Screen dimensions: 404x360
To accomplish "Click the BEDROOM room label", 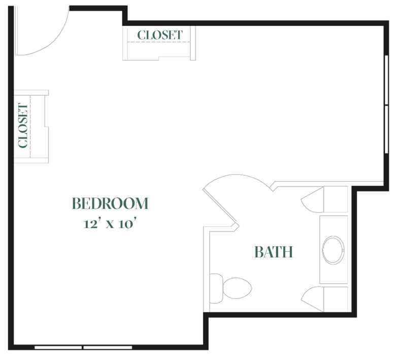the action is coord(110,203).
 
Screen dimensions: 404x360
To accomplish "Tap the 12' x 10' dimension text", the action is coord(110,224).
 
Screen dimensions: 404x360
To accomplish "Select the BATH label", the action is coord(274,252).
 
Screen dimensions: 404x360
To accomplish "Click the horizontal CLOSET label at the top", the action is coord(160,35).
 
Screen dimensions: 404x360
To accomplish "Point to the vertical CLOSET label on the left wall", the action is coord(23,126).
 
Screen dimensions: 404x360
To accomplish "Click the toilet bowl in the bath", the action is coord(237,288).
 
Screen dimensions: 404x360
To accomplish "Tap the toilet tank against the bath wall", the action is coord(216,288).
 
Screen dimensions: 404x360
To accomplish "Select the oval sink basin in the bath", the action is coord(333,250).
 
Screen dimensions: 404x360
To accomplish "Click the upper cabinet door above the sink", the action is coord(312,200).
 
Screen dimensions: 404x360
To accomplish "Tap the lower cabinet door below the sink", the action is coord(312,299).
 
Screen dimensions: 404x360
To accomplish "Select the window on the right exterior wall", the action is coord(386,105).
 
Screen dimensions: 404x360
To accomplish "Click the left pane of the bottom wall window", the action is coord(58,347).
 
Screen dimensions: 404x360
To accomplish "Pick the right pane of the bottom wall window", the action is coord(108,347).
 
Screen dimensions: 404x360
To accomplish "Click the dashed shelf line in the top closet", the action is coord(159,42).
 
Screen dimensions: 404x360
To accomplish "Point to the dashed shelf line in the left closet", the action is coord(30,126).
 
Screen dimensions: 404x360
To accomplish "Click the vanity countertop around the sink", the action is coord(333,249).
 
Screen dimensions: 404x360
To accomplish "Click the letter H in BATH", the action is coord(287,252).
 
